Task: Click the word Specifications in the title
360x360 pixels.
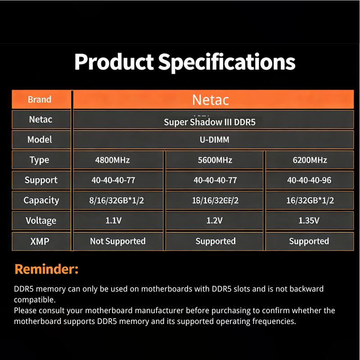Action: pyautogui.click(x=227, y=62)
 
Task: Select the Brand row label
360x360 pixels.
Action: pyautogui.click(x=40, y=99)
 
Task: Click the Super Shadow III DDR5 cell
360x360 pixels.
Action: pyautogui.click(x=210, y=122)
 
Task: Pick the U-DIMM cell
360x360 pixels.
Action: pyautogui.click(x=214, y=139)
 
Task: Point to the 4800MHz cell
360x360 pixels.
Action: pyautogui.click(x=113, y=160)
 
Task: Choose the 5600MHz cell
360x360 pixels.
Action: pyautogui.click(x=215, y=160)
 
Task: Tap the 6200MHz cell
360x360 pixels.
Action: pyautogui.click(x=309, y=160)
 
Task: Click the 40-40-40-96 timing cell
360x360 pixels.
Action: pyautogui.click(x=309, y=180)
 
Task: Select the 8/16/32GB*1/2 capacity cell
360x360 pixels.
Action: pyautogui.click(x=117, y=201)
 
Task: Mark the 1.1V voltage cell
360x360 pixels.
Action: pyautogui.click(x=113, y=220)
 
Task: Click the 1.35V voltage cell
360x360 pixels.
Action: pyautogui.click(x=309, y=220)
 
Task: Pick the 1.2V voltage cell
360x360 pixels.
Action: pyautogui.click(x=215, y=220)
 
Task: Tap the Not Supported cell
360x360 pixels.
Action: pyautogui.click(x=117, y=241)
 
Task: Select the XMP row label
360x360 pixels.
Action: pyautogui.click(x=40, y=241)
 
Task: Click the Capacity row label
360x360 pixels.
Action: pyautogui.click(x=41, y=201)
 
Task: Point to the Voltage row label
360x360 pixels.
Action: pyautogui.click(x=41, y=220)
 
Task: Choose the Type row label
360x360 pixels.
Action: pyautogui.click(x=40, y=160)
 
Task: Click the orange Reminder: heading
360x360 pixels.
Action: pyautogui.click(x=46, y=269)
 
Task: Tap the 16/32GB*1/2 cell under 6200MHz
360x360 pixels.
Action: pyautogui.click(x=310, y=201)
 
